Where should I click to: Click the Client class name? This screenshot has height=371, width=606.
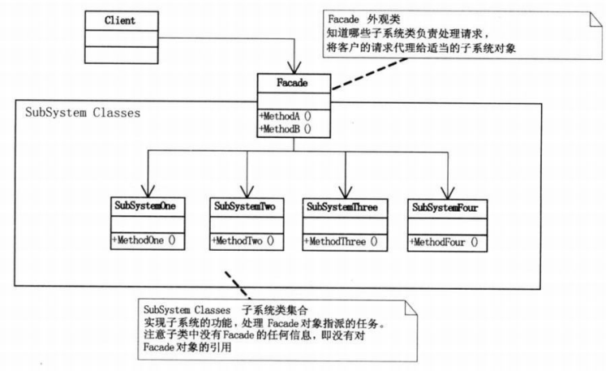click(120, 19)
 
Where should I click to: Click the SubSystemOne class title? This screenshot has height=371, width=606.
click(144, 207)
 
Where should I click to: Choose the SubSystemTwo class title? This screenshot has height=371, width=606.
click(244, 207)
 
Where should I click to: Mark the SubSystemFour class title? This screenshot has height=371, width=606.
click(445, 207)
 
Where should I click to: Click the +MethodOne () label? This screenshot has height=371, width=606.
click(143, 240)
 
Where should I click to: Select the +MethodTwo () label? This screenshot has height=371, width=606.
click(243, 240)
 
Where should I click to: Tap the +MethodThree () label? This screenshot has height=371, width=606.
click(342, 240)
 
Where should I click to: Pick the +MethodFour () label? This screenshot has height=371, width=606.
click(443, 241)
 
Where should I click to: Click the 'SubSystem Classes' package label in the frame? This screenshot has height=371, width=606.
click(84, 112)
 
